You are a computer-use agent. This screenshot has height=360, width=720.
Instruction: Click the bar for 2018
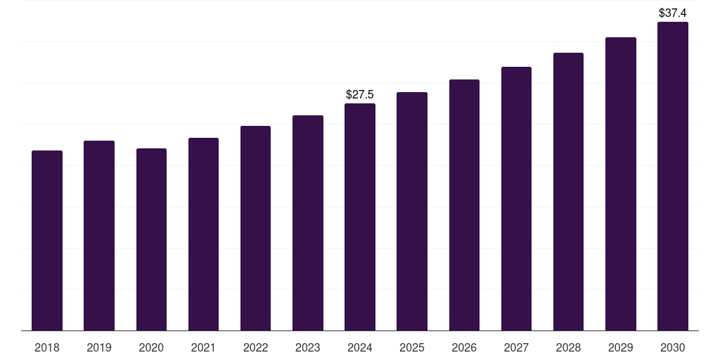(47, 240)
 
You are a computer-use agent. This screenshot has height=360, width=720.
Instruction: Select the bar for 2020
(151, 239)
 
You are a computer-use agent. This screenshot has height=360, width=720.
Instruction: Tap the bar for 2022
(255, 228)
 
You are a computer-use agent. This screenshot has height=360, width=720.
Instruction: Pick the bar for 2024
(360, 217)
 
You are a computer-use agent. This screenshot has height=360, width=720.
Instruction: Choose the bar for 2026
(464, 205)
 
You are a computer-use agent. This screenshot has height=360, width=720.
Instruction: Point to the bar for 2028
(568, 191)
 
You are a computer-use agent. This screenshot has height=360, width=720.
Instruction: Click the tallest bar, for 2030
(673, 176)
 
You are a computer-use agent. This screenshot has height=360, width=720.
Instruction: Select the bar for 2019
(99, 236)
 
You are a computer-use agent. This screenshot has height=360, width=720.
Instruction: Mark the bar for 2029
(621, 184)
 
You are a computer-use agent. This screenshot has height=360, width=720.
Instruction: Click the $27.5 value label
(360, 94)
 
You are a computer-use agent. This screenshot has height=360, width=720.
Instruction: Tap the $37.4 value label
(673, 13)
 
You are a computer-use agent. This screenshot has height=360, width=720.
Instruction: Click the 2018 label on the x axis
(47, 347)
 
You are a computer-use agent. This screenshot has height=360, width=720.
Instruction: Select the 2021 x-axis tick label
(203, 347)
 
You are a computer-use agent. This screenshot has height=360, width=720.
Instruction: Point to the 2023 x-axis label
(308, 347)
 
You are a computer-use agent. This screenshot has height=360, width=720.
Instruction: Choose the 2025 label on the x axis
(412, 347)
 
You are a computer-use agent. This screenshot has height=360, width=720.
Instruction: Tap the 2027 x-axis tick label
(516, 347)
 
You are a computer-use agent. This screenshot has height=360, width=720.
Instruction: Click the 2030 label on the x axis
(673, 347)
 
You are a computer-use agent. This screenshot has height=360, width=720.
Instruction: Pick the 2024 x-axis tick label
(360, 347)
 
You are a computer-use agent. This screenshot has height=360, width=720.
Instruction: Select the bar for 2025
(412, 211)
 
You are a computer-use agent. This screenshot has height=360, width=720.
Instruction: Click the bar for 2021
(203, 234)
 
